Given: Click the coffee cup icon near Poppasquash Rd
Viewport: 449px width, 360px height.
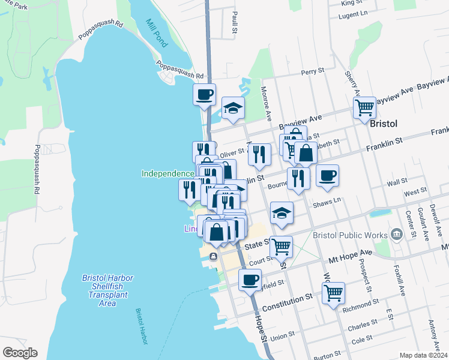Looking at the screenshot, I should [204, 94].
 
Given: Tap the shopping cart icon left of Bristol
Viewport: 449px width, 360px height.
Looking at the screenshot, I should [364, 108].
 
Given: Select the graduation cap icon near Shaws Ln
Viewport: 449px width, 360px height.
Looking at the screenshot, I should [281, 213].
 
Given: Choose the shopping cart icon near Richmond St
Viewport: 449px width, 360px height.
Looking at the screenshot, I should [333, 293].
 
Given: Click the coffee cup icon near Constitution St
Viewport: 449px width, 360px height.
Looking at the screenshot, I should [250, 279].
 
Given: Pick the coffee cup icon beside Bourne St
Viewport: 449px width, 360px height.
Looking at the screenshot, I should [327, 175].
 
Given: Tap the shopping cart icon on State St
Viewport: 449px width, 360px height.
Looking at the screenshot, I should [280, 246].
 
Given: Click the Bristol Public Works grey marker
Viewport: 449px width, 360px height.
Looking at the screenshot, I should [396, 234].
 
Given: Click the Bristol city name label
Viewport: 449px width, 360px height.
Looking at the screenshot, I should [384, 123].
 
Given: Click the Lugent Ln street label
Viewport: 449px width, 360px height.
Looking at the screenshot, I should [352, 14].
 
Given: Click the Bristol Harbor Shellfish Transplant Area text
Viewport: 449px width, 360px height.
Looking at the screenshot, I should [107, 290].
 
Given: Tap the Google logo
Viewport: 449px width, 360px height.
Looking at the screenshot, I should [19, 353].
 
